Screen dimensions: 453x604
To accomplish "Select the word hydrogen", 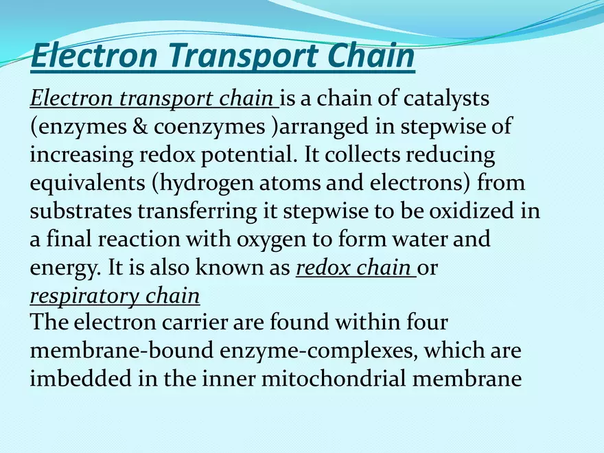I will (x=208, y=184).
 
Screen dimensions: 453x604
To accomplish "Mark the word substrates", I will (x=78, y=211).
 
